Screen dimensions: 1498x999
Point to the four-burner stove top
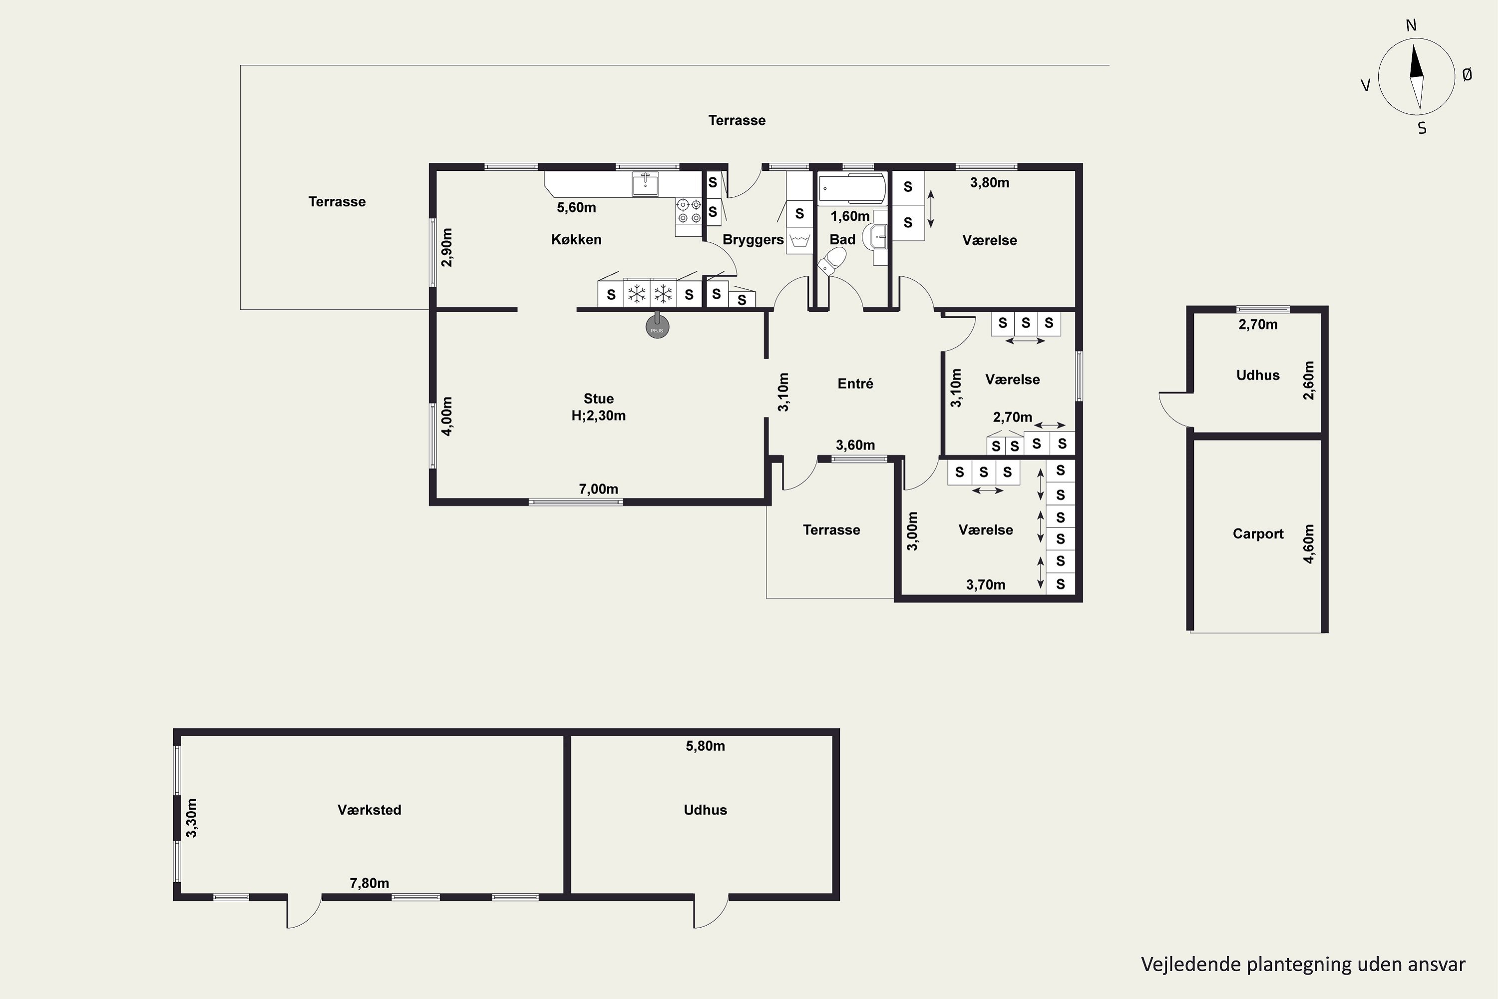click(689, 211)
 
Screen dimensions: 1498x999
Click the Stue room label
click(599, 399)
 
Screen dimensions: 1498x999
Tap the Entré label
click(855, 384)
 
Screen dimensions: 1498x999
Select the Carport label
click(1258, 534)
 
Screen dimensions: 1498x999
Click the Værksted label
click(370, 810)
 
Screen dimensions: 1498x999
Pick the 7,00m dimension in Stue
click(598, 490)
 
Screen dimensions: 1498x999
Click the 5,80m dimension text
click(705, 746)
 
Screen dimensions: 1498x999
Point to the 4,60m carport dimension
click(1308, 543)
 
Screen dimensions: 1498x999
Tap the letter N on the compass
click(1411, 25)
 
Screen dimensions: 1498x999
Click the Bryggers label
click(753, 240)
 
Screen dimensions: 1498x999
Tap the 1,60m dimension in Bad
click(850, 216)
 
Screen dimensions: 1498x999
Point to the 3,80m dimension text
click(989, 183)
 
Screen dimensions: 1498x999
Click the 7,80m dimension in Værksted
click(370, 883)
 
